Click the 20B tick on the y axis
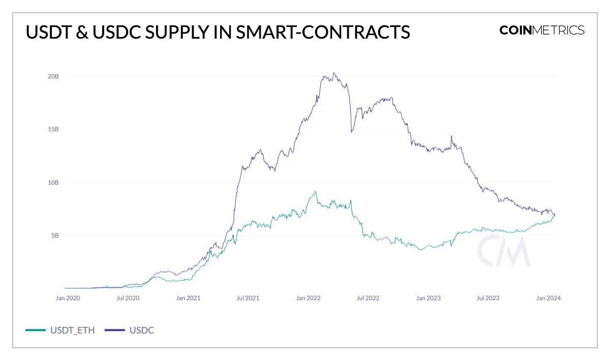(x=53, y=76)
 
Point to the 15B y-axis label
(x=53, y=129)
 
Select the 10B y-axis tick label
(x=53, y=183)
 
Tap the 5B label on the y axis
(x=54, y=235)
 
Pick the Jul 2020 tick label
(x=127, y=298)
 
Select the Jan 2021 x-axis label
(x=188, y=298)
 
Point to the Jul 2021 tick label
(x=247, y=298)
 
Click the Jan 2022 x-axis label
(x=309, y=298)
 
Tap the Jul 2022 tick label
(x=368, y=298)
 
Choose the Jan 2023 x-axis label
(x=429, y=298)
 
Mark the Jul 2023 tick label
(x=487, y=298)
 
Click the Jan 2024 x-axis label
(x=548, y=298)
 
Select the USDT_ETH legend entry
(x=60, y=330)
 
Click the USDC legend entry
(x=130, y=330)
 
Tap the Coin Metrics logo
(x=542, y=30)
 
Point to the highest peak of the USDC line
(x=333, y=73)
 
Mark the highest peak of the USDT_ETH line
(x=316, y=192)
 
